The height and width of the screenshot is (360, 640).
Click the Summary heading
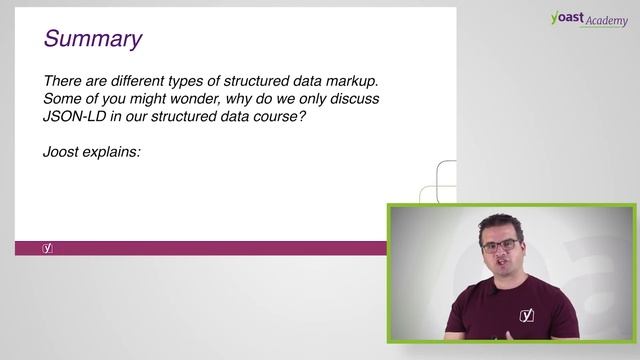coord(92,39)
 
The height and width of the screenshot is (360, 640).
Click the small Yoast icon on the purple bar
coord(47,247)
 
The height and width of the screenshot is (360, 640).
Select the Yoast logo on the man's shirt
coord(527,316)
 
